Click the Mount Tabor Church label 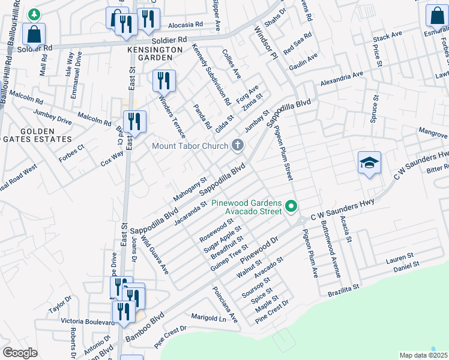pyautogui.click(x=190, y=146)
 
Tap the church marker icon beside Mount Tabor pyautogui.click(x=238, y=145)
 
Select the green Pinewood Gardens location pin pyautogui.click(x=292, y=206)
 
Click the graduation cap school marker pyautogui.click(x=369, y=163)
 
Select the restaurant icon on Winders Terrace pyautogui.click(x=164, y=80)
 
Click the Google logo pyautogui.click(x=20, y=353)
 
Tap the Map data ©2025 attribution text pyautogui.click(x=423, y=355)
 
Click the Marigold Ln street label pyautogui.click(x=208, y=317)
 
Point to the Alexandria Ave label pyautogui.click(x=342, y=79)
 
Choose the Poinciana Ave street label pyautogui.click(x=225, y=305)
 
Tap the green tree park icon pyautogui.click(x=35, y=13)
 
